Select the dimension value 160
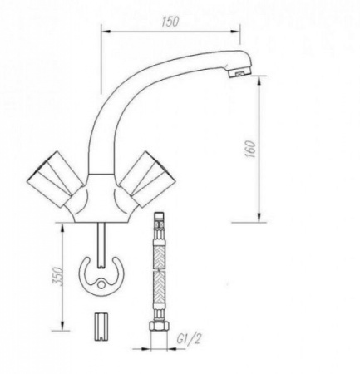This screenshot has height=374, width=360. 250,150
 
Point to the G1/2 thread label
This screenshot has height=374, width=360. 190,339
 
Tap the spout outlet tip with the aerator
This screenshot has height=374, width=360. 238,72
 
